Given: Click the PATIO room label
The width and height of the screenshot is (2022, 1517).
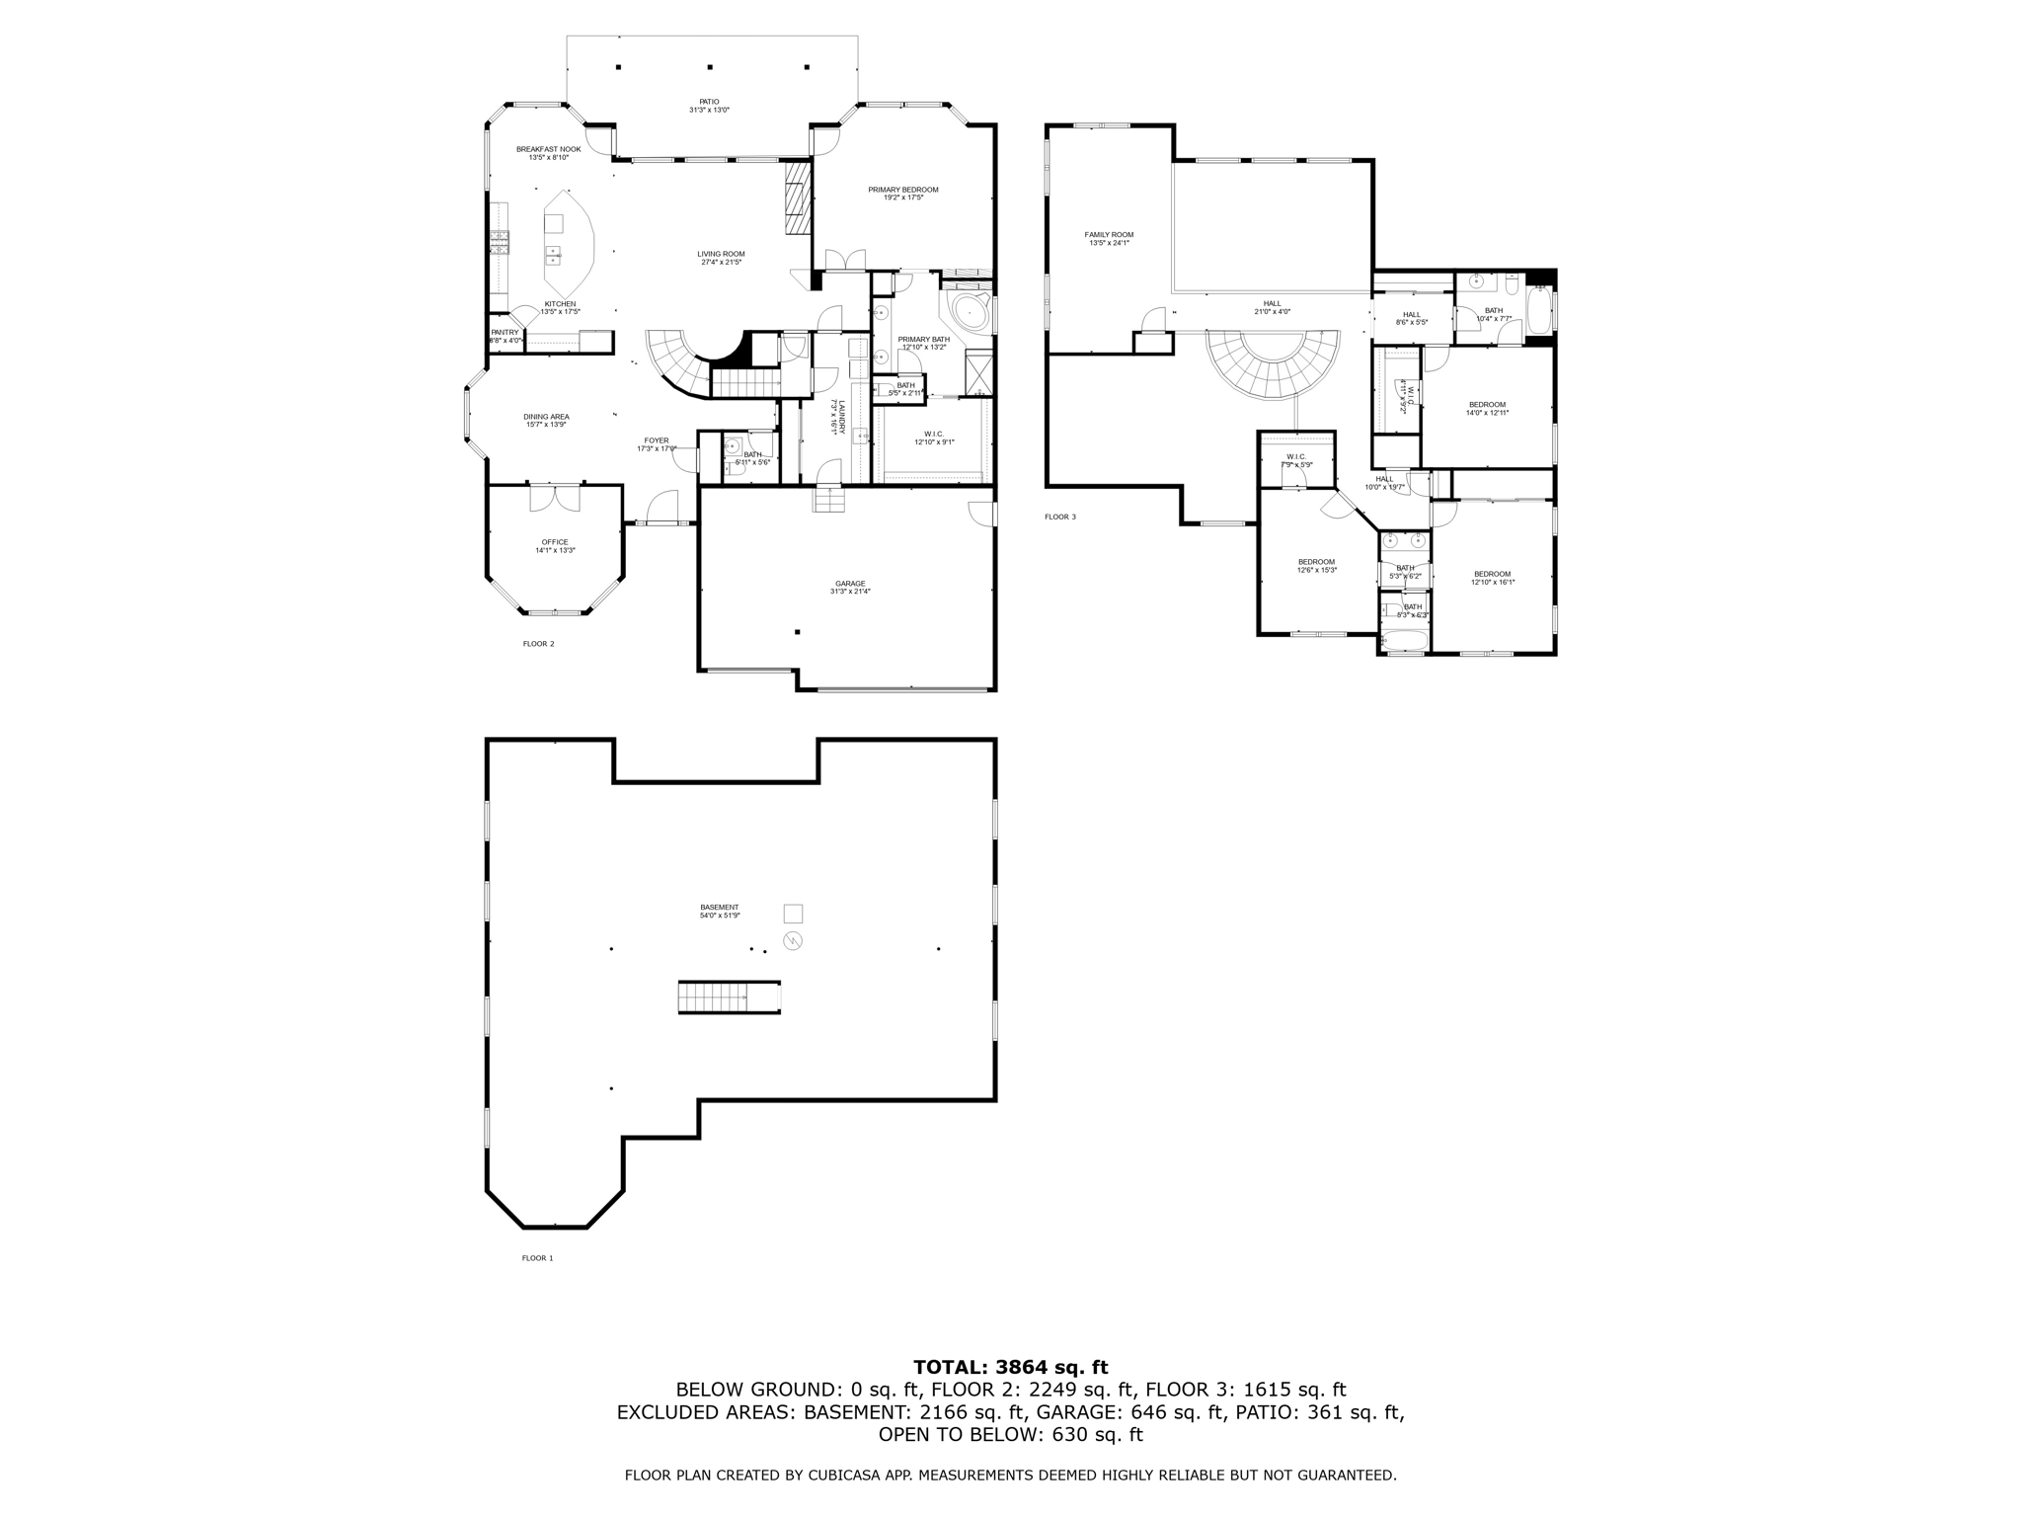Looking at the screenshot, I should pos(709,102).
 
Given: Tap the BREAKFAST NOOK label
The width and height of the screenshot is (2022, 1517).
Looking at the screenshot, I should pos(548,149).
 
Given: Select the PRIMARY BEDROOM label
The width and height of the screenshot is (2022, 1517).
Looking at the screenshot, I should pos(902,190).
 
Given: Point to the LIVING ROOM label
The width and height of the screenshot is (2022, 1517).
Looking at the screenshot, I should pos(721,254).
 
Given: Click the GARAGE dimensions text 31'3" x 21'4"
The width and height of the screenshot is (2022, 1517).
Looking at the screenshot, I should pos(849,592).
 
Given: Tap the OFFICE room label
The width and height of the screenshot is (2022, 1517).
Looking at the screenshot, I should pos(555,542).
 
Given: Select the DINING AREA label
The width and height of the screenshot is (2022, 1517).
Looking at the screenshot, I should pos(546,417).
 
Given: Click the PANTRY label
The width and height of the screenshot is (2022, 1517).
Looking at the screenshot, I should pos(505,333).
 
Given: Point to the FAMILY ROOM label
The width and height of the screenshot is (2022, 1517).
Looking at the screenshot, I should pos(1109,235).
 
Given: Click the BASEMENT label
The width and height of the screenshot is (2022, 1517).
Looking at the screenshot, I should pos(719,908).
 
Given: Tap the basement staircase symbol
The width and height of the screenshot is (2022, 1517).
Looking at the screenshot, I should pos(729,997).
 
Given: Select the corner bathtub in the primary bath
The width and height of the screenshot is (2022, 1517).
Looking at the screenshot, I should pos(967,311).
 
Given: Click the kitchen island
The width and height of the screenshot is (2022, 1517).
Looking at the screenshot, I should pos(568,237).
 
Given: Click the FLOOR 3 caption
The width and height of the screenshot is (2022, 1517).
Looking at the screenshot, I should pos(1060,517).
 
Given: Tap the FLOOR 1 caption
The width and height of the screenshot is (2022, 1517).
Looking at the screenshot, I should pos(537,1258).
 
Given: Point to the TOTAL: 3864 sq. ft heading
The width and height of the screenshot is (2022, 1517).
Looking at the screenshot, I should pos(1010,1368).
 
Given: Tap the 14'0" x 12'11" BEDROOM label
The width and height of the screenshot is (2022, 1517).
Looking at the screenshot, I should pos(1487,404).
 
